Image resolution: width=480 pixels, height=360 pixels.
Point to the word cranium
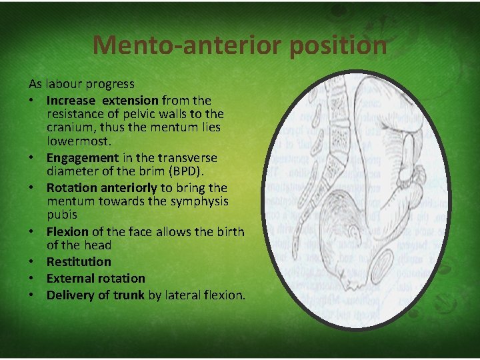[73, 127]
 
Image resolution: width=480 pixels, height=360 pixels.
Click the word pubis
[62, 215]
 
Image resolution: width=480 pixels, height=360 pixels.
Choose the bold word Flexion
[67, 232]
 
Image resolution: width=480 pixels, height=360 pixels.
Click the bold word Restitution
[79, 261]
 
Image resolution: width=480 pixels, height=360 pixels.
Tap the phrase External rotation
[95, 278]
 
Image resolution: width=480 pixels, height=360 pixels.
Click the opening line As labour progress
[81, 84]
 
